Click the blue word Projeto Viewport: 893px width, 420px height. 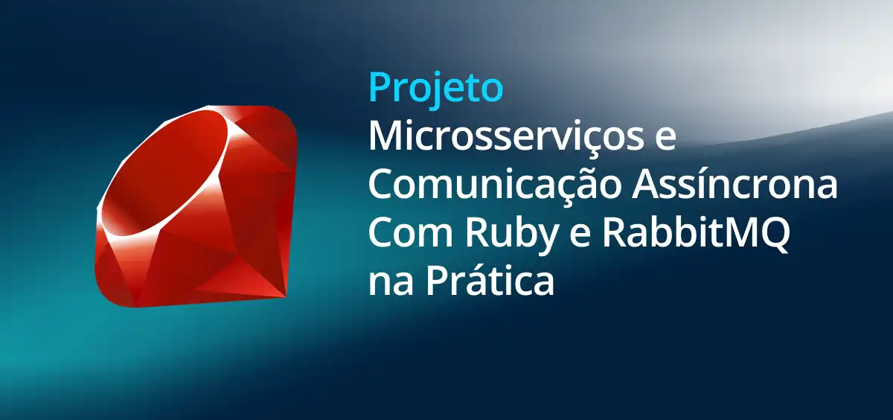(x=436, y=89)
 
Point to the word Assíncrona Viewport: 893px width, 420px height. (x=734, y=182)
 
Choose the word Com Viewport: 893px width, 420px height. (x=411, y=234)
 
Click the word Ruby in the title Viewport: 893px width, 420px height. (x=511, y=238)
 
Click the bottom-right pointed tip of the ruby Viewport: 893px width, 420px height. (x=287, y=296)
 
